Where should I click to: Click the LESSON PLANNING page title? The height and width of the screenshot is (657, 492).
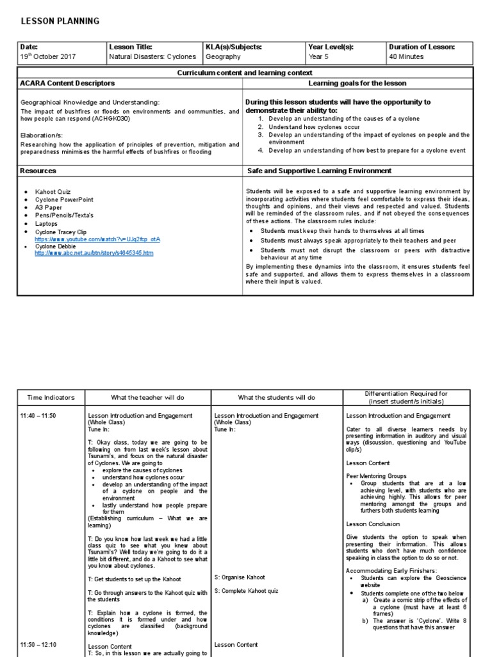[x=60, y=21]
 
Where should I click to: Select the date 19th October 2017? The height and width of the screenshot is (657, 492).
[x=48, y=57]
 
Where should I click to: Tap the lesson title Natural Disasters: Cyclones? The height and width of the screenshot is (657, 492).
[x=152, y=57]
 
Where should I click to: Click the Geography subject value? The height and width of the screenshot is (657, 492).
[x=224, y=57]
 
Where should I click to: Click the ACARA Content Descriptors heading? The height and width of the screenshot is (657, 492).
[x=68, y=83]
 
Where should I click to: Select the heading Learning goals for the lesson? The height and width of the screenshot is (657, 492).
[x=357, y=83]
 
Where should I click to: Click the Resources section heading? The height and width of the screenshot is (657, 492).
[x=38, y=171]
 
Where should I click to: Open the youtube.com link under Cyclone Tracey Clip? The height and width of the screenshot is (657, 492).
[x=97, y=239]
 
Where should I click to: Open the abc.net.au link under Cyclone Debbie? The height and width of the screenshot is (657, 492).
[x=94, y=253]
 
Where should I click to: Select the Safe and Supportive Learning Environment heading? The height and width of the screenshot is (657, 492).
[x=319, y=171]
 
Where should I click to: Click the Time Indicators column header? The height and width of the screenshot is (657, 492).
[x=51, y=398]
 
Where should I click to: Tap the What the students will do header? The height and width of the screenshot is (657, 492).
[x=277, y=398]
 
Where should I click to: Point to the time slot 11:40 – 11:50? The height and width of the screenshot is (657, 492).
[x=38, y=416]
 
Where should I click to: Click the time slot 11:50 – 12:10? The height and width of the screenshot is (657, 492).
[x=38, y=645]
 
